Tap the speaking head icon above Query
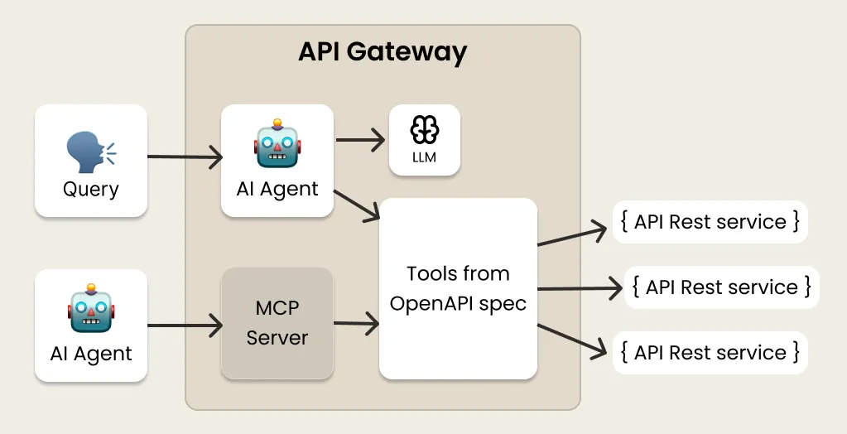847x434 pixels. tap(90, 152)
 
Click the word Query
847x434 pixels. tap(90, 190)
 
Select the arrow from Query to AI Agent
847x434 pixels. tap(185, 156)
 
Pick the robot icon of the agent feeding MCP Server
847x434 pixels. tap(90, 308)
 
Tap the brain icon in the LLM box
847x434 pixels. tap(424, 129)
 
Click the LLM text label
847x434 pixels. tap(424, 157)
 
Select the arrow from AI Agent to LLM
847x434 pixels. tap(361, 139)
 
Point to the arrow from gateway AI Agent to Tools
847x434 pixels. tap(356, 205)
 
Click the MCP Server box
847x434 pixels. tap(277, 322)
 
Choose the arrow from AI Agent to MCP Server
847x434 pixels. tap(185, 325)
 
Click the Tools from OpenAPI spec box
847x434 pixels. tap(458, 287)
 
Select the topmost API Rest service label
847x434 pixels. tap(710, 221)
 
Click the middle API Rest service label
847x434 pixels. tap(721, 287)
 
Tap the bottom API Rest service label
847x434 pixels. tap(710, 352)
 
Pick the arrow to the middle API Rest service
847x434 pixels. tap(580, 288)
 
